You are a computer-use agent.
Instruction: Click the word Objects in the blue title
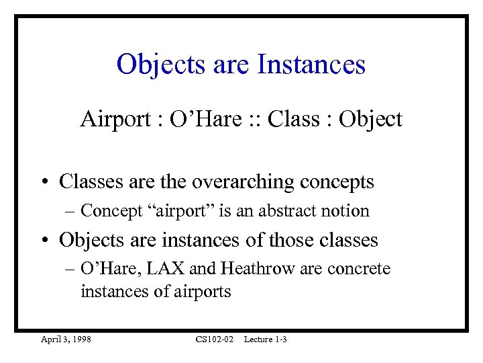click(157, 65)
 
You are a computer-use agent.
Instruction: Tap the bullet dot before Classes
click(46, 182)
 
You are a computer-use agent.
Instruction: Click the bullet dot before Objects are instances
click(46, 240)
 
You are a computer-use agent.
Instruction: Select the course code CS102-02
click(214, 339)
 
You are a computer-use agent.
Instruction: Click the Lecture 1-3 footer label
click(265, 339)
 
